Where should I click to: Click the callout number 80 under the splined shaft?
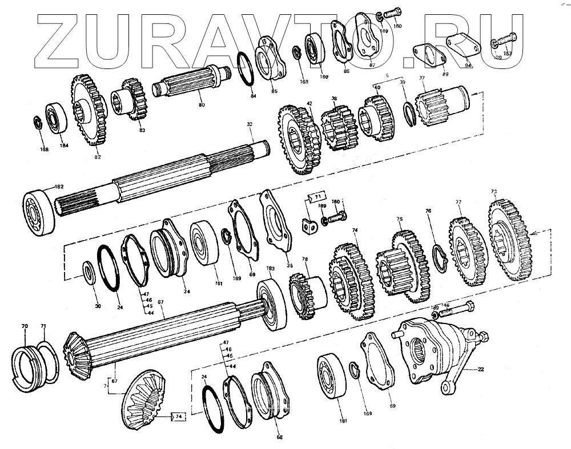200,106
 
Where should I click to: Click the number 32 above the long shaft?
250,124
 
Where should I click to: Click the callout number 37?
422,78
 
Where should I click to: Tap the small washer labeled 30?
90,270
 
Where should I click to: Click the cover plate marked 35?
275,220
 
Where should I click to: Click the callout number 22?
481,370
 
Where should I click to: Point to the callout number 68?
279,438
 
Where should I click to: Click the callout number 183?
270,268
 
